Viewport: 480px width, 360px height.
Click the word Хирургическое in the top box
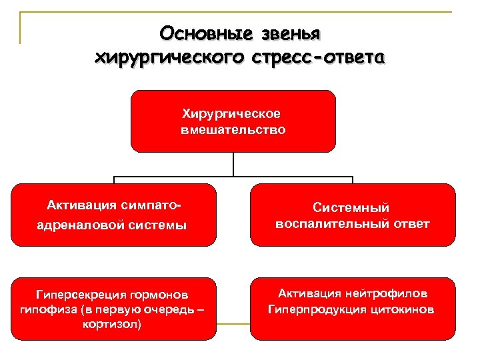click(233, 115)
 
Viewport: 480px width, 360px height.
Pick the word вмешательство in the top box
click(233, 130)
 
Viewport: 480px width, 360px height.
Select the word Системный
click(351, 209)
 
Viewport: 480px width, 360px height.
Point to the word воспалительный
click(332, 224)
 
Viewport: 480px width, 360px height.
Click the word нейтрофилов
click(390, 293)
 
